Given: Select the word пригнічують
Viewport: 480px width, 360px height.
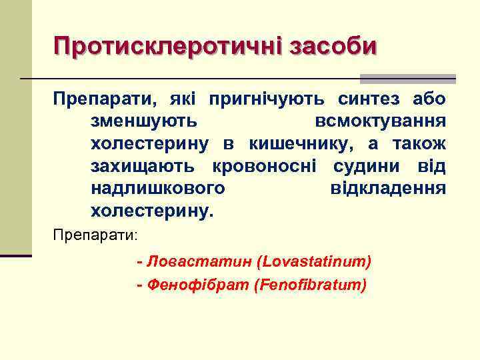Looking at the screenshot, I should click(267, 100).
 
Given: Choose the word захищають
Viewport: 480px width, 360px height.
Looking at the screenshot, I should click(143, 166).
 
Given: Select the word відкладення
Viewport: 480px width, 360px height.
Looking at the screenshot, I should click(388, 189).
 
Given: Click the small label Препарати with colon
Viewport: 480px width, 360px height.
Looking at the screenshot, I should click(95, 235).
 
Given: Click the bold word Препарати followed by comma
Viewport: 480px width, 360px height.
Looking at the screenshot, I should click(107, 100).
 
